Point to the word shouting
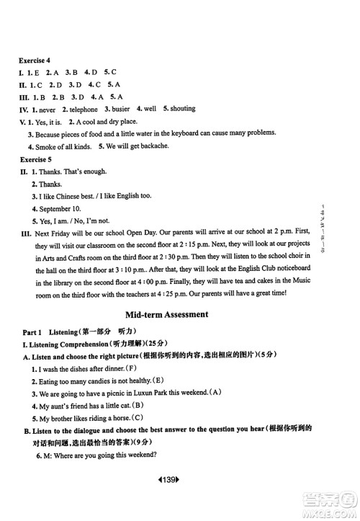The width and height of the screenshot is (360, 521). coord(182,109)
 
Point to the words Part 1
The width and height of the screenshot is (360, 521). coord(32,333)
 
